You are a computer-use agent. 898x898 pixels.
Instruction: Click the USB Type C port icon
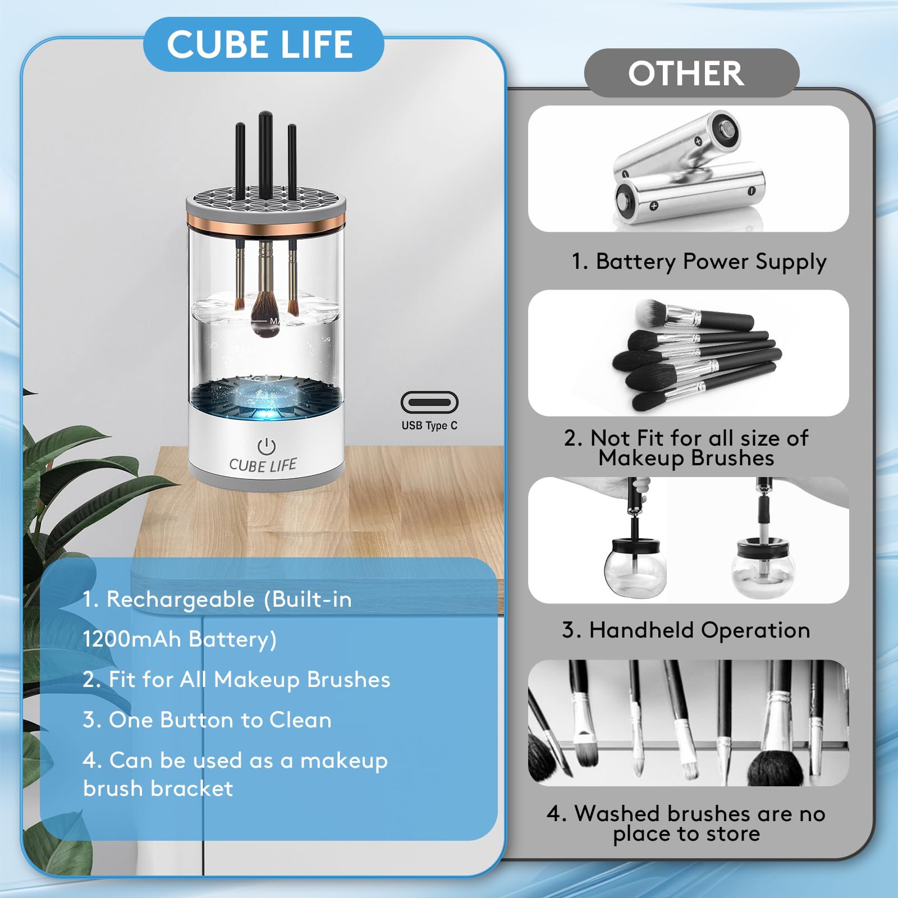click(429, 402)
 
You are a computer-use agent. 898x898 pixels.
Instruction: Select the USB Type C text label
click(429, 425)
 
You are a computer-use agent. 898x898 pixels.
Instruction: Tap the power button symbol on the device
click(266, 447)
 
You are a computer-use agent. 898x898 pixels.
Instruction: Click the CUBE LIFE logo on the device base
click(263, 465)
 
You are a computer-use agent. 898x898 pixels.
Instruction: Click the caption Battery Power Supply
click(699, 262)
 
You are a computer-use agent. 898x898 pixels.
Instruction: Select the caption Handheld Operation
click(686, 630)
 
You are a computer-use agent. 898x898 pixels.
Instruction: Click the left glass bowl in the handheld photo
click(635, 572)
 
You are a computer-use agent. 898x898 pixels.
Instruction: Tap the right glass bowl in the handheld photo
click(762, 572)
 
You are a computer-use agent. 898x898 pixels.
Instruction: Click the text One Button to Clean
click(207, 720)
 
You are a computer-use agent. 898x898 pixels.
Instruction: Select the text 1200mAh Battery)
click(180, 639)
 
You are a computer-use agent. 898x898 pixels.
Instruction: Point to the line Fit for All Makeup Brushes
click(236, 680)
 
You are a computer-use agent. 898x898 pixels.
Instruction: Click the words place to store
click(686, 834)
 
